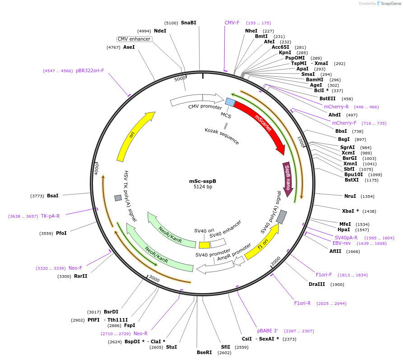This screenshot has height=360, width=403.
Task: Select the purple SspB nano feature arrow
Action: (287, 176)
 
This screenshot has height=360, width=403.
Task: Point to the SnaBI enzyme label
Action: (188, 23)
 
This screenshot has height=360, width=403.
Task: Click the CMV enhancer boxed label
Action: (134, 39)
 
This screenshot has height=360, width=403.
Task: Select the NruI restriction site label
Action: (350, 196)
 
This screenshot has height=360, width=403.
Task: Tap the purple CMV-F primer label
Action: (232, 23)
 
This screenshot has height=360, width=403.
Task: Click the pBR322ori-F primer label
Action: (90, 70)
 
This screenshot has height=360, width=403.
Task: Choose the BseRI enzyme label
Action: (204, 352)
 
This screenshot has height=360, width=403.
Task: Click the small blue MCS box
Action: (230, 103)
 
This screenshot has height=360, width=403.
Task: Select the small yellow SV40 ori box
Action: (204, 245)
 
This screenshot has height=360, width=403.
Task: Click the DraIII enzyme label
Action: (317, 284)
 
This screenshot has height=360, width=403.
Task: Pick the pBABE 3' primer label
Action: (268, 331)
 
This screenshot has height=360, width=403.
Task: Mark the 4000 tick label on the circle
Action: (96, 169)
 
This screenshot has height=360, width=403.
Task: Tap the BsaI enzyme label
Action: (53, 196)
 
